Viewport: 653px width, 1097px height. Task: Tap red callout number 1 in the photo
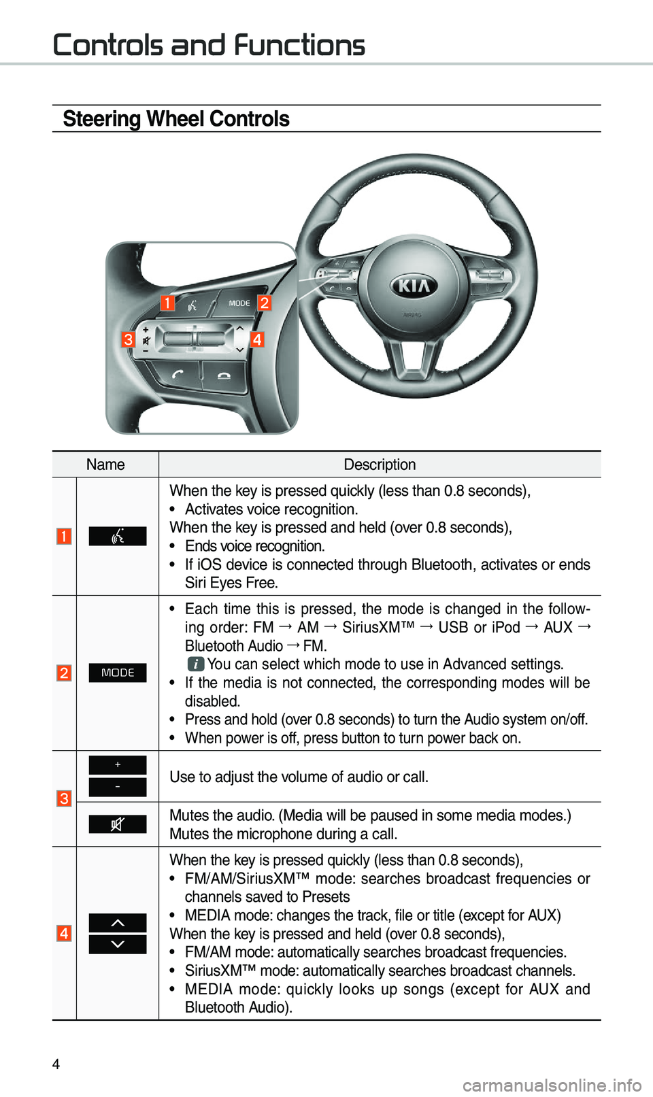pyautogui.click(x=167, y=303)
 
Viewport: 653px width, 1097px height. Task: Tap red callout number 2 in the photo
pyautogui.click(x=265, y=303)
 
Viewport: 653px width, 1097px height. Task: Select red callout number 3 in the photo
pyautogui.click(x=128, y=339)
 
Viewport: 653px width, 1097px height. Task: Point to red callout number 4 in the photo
pyautogui.click(x=257, y=339)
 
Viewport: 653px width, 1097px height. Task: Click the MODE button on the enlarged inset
pyautogui.click(x=239, y=303)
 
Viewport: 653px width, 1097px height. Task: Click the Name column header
pyautogui.click(x=105, y=465)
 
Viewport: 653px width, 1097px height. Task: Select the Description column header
pyautogui.click(x=380, y=465)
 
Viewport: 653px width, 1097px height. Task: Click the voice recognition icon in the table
pyautogui.click(x=118, y=537)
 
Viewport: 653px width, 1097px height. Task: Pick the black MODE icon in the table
pyautogui.click(x=118, y=673)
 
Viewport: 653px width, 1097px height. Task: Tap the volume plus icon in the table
pyautogui.click(x=118, y=765)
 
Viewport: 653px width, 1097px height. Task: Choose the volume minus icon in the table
pyautogui.click(x=118, y=787)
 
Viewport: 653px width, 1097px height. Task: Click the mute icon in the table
pyautogui.click(x=118, y=824)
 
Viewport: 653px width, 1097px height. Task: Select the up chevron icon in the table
pyautogui.click(x=118, y=923)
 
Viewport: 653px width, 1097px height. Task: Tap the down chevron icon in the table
pyautogui.click(x=118, y=945)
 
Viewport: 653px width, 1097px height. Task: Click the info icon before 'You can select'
pyautogui.click(x=196, y=664)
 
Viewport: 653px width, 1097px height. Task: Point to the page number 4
pyautogui.click(x=56, y=1064)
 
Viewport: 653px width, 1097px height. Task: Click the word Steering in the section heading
pyautogui.click(x=101, y=119)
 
